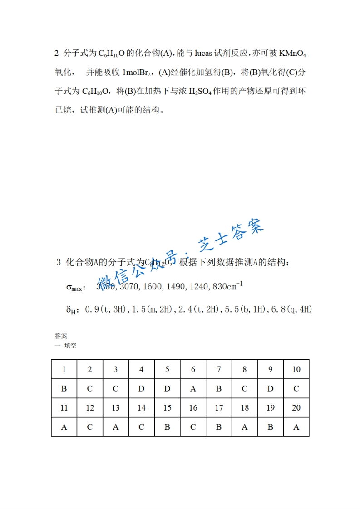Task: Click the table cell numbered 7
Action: point(219,369)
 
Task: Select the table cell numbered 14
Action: point(141,408)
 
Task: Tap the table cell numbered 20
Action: point(296,408)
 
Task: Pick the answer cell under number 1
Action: point(64,389)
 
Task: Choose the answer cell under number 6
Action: point(193,389)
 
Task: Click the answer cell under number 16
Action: point(193,427)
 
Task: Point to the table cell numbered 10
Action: point(296,369)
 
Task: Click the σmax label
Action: point(75,287)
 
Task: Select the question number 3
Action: point(59,263)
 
